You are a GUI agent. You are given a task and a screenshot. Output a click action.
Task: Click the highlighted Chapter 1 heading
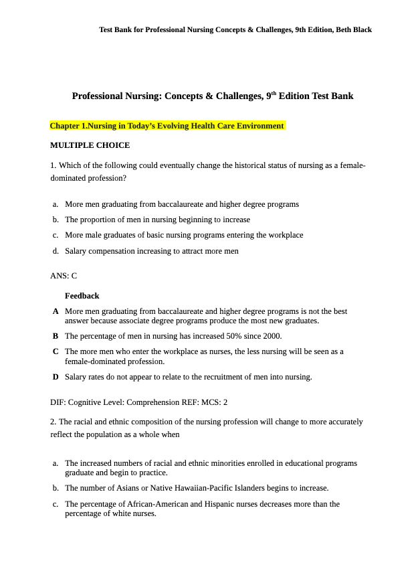[x=167, y=126]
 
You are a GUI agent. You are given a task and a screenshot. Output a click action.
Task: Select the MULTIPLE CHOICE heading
[x=90, y=145]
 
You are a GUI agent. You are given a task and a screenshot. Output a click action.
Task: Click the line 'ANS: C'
[x=64, y=276]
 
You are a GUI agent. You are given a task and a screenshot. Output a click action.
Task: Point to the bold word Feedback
[x=82, y=296]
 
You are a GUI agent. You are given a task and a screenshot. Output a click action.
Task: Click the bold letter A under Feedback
[x=56, y=311]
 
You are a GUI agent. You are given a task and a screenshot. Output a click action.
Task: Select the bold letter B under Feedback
[x=56, y=336]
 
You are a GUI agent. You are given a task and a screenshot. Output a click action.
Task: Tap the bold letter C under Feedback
[x=56, y=351]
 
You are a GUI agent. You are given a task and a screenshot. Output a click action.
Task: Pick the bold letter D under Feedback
[x=56, y=377]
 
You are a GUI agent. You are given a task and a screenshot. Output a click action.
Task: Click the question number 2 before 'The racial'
[x=53, y=422]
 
